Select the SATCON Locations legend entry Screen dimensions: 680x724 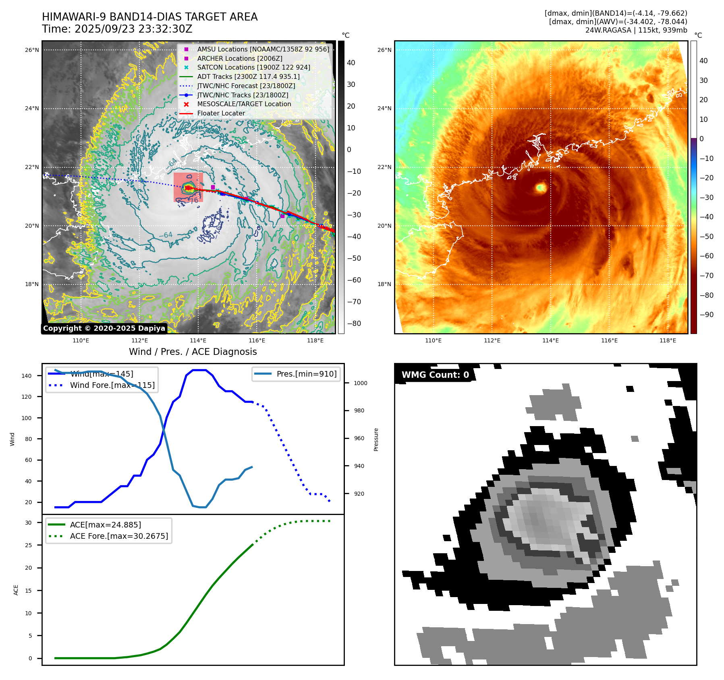coord(253,67)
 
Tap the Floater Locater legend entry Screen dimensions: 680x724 coord(221,113)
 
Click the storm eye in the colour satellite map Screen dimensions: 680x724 coord(541,187)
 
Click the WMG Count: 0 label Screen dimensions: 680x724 coord(435,375)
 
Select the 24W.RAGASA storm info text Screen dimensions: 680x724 coord(636,30)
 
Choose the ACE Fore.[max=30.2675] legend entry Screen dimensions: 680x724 coord(119,536)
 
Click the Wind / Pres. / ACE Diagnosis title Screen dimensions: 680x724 coord(193,352)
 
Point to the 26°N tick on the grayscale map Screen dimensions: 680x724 coord(32,50)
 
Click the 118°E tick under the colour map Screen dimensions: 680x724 coord(668,340)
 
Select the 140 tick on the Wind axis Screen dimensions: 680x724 coord(27,376)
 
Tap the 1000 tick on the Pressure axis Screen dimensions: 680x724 coord(360,383)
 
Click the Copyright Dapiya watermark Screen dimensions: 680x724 coord(104,328)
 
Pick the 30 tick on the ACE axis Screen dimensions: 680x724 coord(28,523)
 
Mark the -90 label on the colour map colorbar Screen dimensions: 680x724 coord(706,315)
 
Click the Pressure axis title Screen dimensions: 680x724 coord(376,439)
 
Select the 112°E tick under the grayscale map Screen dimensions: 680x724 coord(139,340)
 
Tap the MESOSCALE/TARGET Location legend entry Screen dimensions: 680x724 coord(244,104)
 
